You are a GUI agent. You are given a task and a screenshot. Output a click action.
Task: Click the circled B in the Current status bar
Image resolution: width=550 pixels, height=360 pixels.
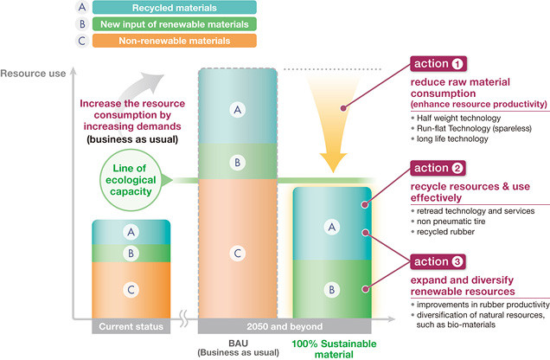tap(131, 254)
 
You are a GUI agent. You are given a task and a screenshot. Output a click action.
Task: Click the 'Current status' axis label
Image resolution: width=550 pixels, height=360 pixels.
tap(131, 327)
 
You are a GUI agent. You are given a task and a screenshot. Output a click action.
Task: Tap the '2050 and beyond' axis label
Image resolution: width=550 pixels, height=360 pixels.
tap(284, 327)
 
